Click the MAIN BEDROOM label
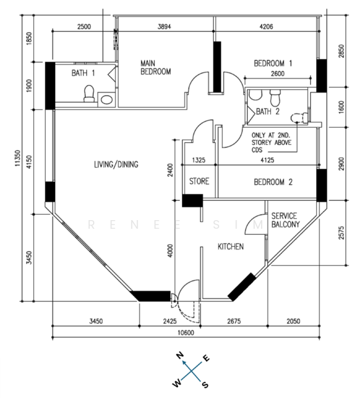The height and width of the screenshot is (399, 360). tap(155, 67)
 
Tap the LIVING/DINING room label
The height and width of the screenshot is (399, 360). tap(116, 164)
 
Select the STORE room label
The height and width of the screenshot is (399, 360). tap(199, 181)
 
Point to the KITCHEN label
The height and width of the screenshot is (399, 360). tap(230, 246)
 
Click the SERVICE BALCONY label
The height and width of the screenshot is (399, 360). tap(286, 220)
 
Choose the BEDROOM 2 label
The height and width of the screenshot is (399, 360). tap(273, 182)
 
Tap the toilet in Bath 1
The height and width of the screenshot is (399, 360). tap(89, 94)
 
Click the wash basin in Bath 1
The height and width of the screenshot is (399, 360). tap(106, 99)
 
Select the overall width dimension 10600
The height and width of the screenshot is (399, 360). tap(185, 332)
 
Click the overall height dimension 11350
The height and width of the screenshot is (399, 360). tap(17, 158)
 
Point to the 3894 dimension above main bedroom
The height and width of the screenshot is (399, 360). tap(164, 27)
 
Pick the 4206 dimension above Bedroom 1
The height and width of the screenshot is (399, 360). tap(266, 27)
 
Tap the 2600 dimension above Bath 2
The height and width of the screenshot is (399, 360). tap(278, 74)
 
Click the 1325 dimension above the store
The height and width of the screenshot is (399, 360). tap(199, 160)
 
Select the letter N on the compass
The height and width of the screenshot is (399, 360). tap(180, 355)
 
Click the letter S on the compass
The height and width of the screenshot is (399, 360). tap(205, 384)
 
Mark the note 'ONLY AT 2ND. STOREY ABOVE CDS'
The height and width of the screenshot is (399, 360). tap(272, 142)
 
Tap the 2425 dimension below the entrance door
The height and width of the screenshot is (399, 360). tap(170, 321)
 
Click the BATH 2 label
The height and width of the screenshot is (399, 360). tap(268, 112)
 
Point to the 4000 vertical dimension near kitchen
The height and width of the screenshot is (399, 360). tap(170, 251)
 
